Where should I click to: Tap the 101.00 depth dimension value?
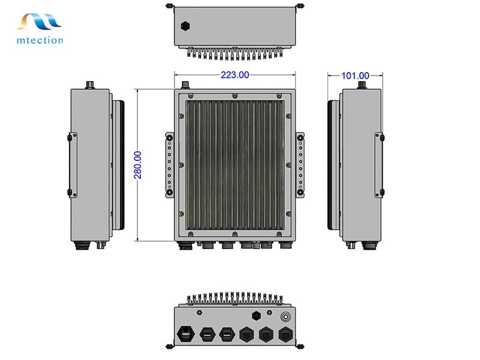tap(355, 76)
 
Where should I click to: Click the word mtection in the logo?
tap(40, 40)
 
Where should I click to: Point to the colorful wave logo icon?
tap(40, 22)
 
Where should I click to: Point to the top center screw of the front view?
tap(235, 95)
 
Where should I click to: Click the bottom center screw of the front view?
tap(235, 235)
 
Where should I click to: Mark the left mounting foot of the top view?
tap(170, 5)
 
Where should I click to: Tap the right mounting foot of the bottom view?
tap(299, 346)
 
